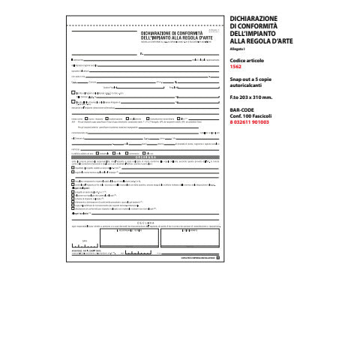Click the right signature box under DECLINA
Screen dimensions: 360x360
click(x=187, y=238)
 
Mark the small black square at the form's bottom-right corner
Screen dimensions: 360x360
click(x=218, y=257)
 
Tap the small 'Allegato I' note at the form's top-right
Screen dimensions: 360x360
click(x=212, y=29)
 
